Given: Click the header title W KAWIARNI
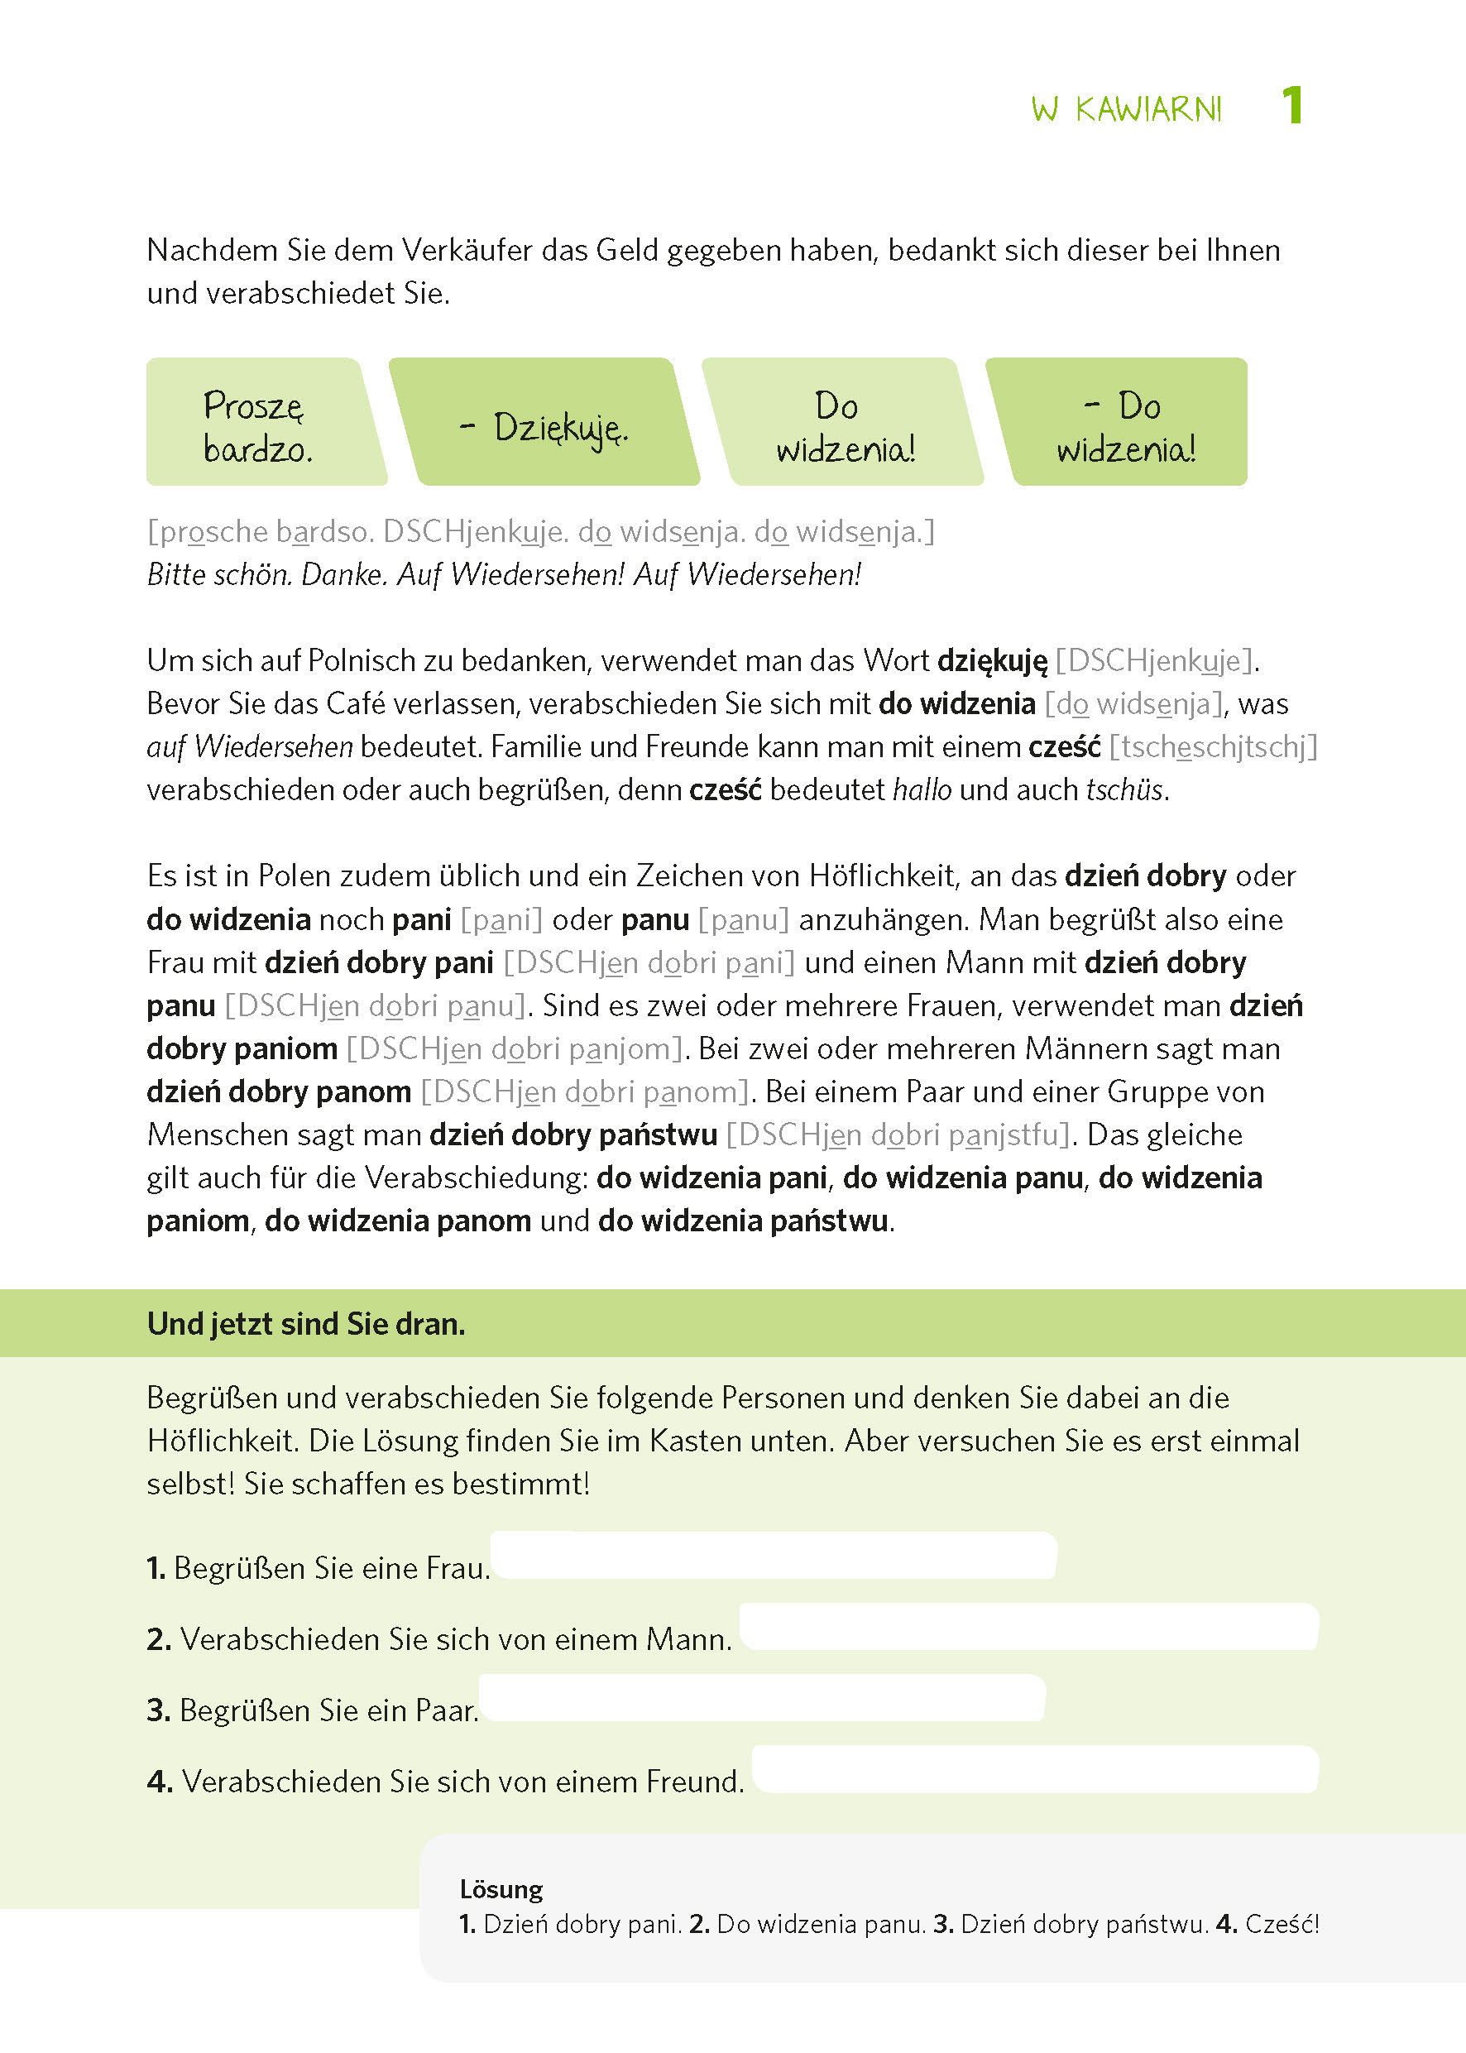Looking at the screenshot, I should click(1126, 109).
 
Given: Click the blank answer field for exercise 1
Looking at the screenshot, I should click(773, 1556).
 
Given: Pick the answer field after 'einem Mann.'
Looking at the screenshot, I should click(1028, 1627).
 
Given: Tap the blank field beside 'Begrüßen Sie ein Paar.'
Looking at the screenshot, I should click(761, 1698).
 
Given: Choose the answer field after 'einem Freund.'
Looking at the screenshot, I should click(1034, 1769).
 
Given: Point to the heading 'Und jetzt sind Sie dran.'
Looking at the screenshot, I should click(306, 1323).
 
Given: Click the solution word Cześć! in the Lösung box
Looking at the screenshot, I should click(1282, 1924).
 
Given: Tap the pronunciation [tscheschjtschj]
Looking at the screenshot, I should click(1213, 746).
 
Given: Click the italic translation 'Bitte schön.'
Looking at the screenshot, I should click(219, 574).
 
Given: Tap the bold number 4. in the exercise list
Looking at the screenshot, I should click(159, 1782).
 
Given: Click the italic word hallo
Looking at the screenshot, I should click(922, 790).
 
